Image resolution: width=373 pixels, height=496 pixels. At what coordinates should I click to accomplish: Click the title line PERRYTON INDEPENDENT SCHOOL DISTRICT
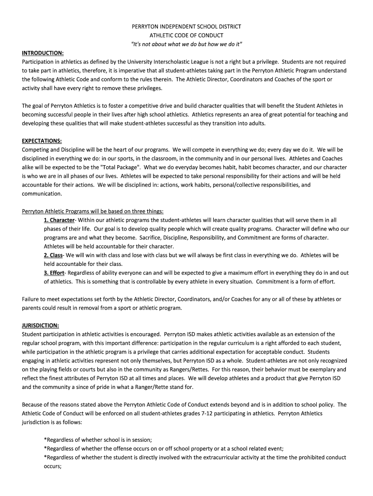(186, 27)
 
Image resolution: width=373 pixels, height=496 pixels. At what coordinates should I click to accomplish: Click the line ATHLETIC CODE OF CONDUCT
(186, 35)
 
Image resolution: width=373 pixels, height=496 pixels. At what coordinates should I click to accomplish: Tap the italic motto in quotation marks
(186, 45)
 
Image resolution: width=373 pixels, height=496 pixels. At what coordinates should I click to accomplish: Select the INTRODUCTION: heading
(43, 53)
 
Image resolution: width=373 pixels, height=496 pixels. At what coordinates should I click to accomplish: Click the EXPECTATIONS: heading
(42, 141)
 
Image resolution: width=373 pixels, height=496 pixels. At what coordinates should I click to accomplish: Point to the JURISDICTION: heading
(41, 325)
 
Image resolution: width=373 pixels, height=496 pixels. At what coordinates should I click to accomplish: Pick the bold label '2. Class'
(53, 255)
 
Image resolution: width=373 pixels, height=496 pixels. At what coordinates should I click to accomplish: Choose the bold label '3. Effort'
(54, 273)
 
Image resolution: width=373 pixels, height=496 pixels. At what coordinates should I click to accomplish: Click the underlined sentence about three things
(93, 211)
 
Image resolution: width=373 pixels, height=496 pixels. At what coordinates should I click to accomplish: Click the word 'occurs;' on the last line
(53, 466)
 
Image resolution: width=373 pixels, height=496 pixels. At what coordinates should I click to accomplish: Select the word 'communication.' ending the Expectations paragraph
(42, 194)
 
